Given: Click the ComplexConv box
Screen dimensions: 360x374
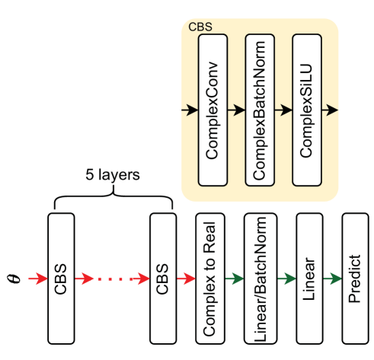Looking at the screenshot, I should click(213, 110).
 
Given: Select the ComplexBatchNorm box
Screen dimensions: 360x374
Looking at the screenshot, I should click(260, 110).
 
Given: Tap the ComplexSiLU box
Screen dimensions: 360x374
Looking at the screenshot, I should click(306, 110).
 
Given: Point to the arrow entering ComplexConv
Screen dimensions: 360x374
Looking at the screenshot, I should click(190, 110).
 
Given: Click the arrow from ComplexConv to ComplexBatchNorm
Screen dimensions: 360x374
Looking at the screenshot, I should click(236, 110).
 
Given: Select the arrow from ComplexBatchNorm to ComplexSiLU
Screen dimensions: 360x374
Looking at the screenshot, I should click(283, 110).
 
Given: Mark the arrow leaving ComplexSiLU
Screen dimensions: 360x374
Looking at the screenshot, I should click(329, 110).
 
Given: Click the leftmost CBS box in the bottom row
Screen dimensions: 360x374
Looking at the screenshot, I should click(61, 279).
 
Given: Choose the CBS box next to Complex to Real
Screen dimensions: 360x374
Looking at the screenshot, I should click(163, 279).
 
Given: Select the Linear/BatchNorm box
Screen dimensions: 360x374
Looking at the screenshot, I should click(259, 279).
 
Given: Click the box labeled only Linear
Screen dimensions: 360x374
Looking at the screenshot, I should click(309, 279).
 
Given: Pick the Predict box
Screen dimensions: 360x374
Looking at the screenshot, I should click(355, 279).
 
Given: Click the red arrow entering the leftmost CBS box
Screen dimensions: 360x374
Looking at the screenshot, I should click(38, 279).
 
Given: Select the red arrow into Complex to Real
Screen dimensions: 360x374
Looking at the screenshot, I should click(186, 279).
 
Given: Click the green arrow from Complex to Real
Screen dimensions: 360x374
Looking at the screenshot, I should click(234, 279).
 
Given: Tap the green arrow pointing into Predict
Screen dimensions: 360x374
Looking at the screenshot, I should click(333, 279).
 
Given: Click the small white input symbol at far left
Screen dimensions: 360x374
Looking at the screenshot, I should click(11, 279).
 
